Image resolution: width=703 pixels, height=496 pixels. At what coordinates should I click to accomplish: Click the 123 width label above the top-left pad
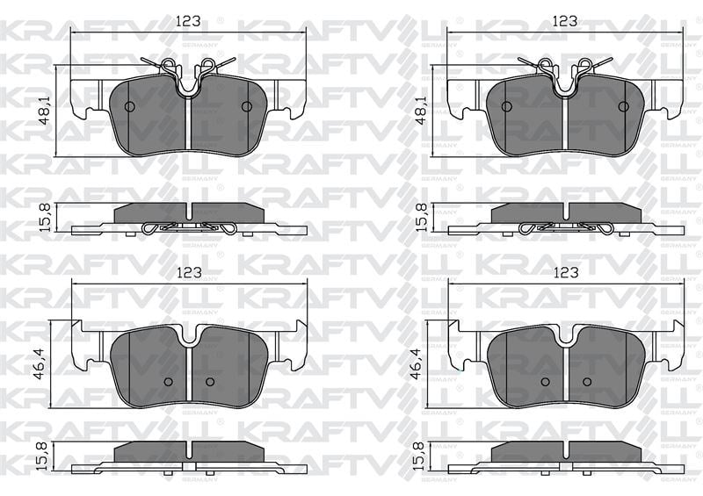click(x=188, y=21)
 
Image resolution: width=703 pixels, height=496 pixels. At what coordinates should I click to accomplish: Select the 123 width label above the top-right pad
click(x=564, y=21)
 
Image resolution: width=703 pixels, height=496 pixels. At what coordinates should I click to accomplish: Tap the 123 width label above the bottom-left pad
click(x=188, y=272)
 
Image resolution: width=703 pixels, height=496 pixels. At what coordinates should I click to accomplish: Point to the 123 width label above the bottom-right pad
click(x=565, y=272)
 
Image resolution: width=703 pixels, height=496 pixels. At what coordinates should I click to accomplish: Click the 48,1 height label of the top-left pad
click(x=44, y=111)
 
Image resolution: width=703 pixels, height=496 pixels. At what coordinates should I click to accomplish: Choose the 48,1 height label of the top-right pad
click(x=421, y=111)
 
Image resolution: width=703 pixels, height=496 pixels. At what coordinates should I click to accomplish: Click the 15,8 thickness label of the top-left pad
click(x=45, y=218)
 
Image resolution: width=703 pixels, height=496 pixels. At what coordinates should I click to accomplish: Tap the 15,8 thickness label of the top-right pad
click(x=421, y=218)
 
